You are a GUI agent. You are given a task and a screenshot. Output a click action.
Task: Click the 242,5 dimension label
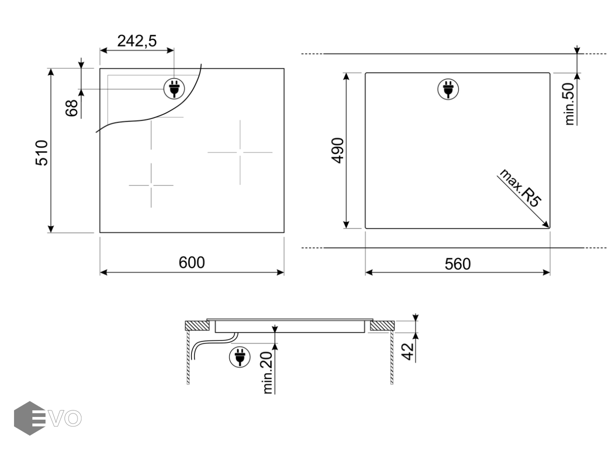[x=137, y=41]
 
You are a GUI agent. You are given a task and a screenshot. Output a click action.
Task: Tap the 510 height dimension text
[x=42, y=153]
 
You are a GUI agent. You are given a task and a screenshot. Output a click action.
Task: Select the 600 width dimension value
[x=191, y=262]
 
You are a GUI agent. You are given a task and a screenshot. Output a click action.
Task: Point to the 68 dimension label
[x=71, y=108]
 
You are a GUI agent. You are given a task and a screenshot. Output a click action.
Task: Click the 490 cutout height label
[x=337, y=150]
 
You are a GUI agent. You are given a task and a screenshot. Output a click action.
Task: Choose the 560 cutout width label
[x=457, y=264]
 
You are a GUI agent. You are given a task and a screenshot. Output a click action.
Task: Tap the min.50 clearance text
[x=569, y=104]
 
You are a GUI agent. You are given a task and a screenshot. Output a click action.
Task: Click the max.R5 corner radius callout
[x=520, y=188]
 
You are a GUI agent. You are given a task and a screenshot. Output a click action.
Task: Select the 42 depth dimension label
[x=407, y=351]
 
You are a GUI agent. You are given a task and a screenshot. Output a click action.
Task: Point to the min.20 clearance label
[x=267, y=372]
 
